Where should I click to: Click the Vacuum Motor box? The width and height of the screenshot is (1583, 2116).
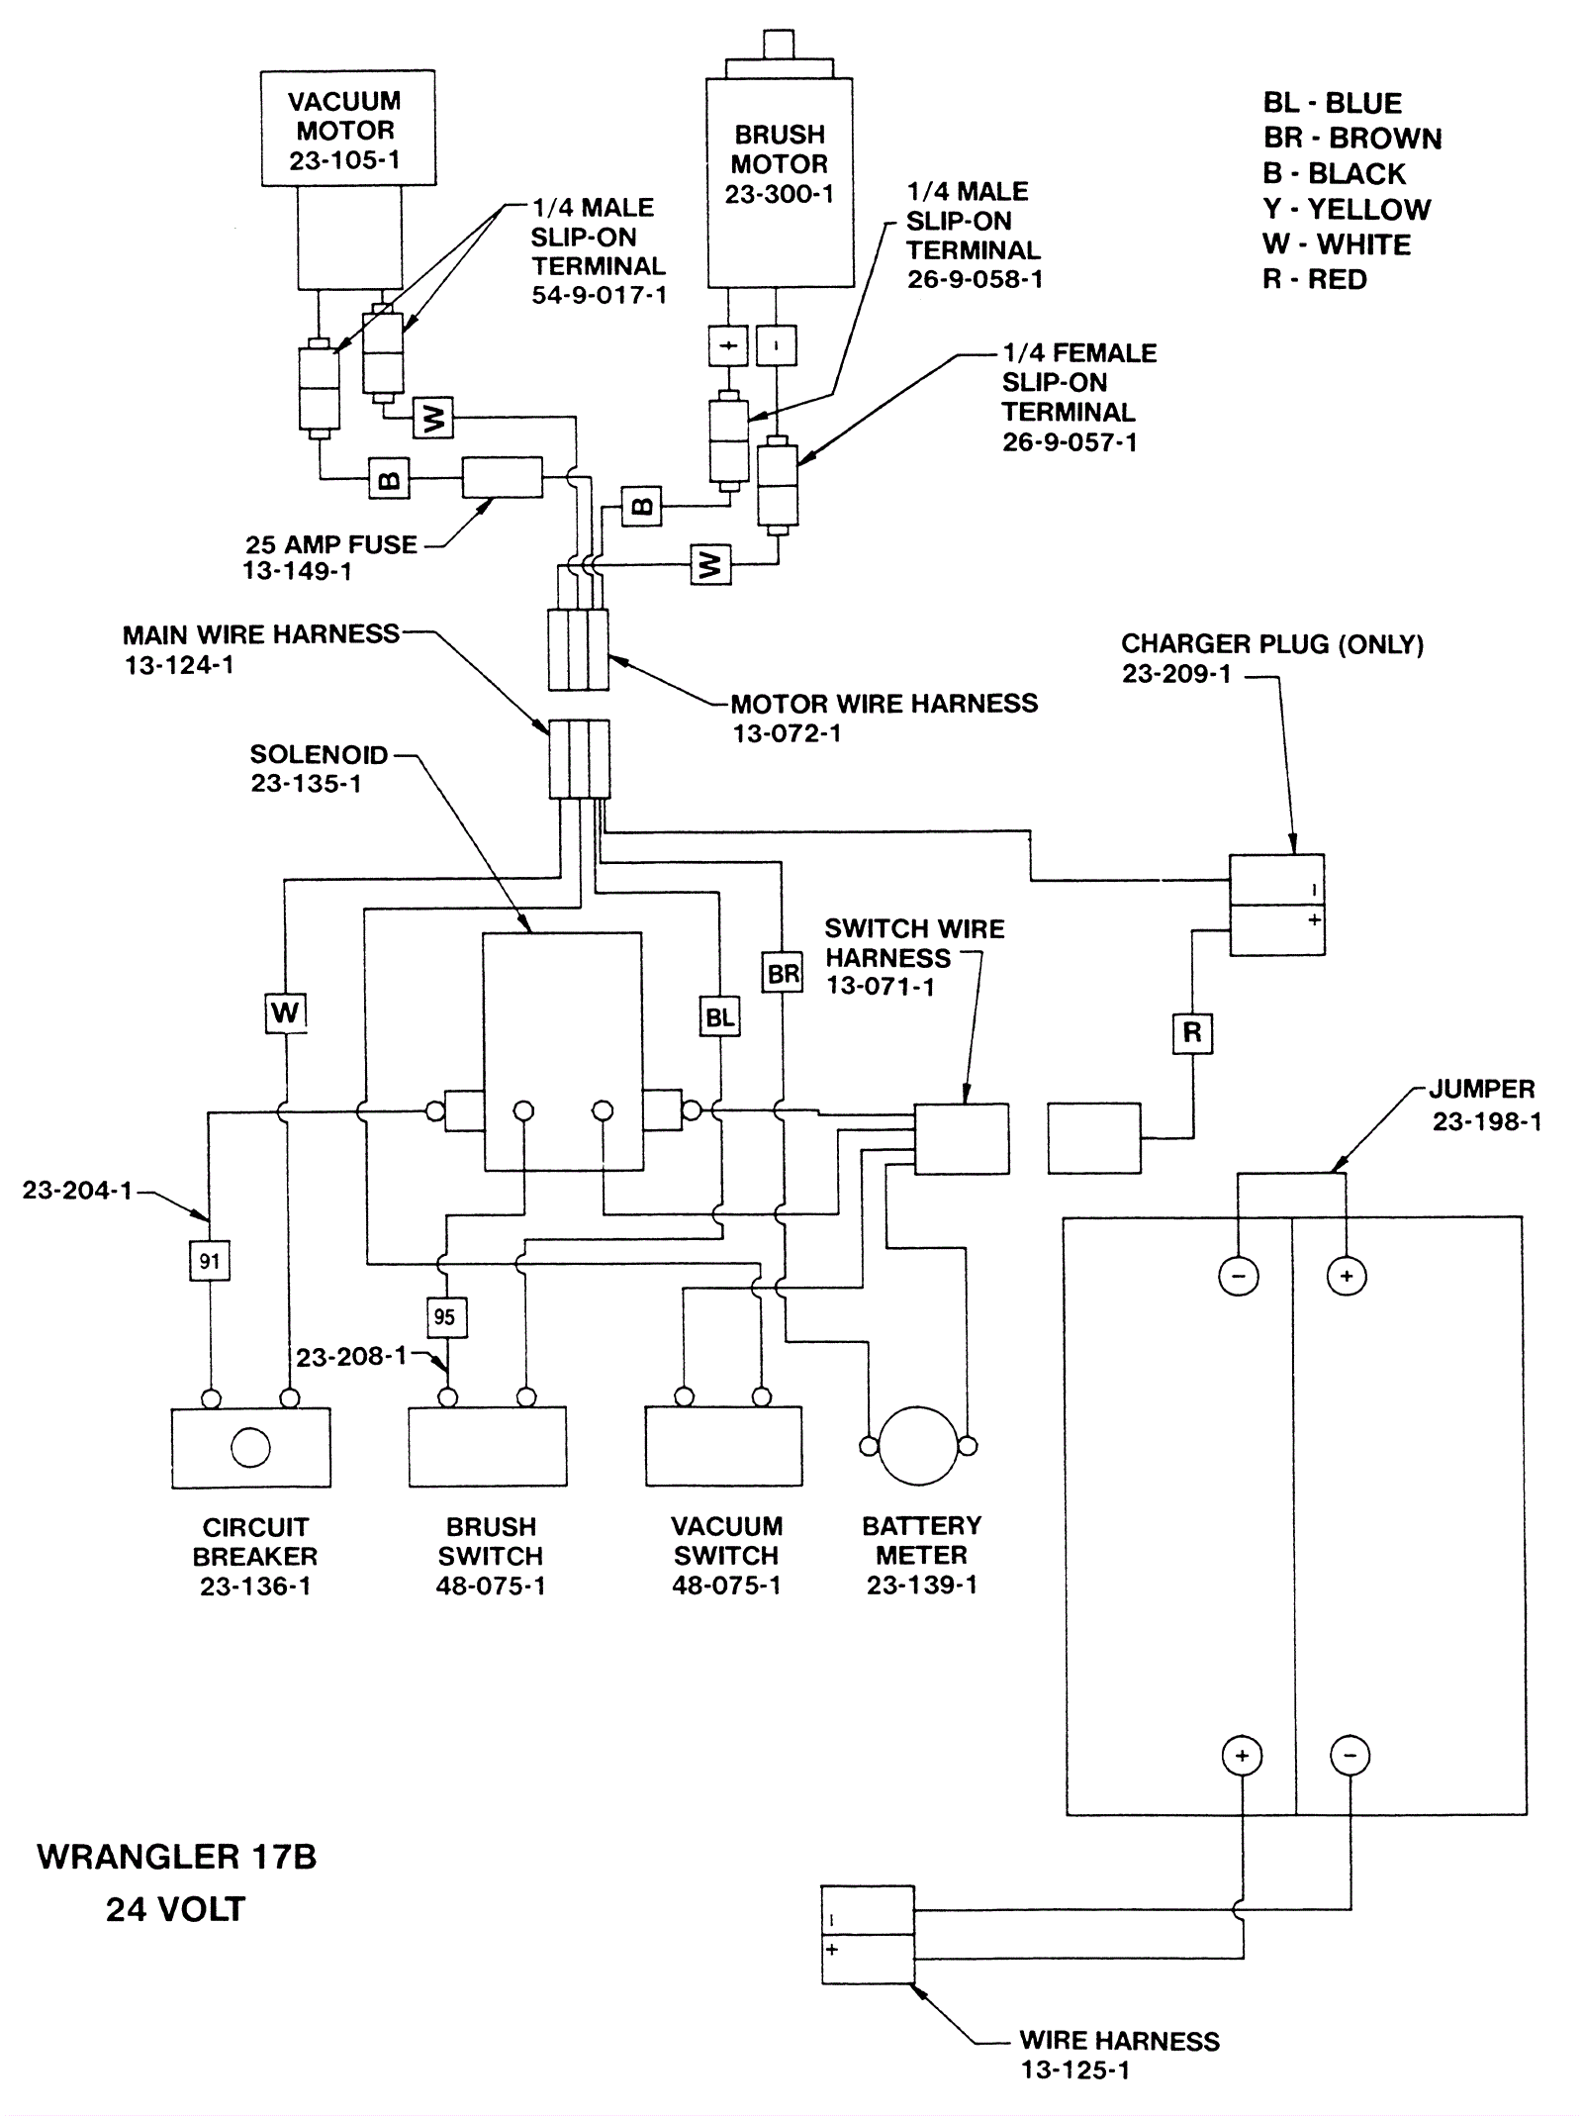click(347, 128)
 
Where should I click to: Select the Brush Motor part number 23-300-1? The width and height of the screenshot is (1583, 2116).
click(779, 194)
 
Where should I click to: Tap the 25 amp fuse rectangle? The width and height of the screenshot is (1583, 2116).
click(502, 477)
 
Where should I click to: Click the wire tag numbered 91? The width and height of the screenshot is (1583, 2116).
click(210, 1261)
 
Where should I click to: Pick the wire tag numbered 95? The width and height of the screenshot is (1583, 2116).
click(445, 1317)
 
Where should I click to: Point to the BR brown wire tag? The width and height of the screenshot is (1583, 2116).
click(783, 974)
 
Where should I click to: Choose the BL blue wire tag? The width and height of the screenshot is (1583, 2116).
click(719, 1017)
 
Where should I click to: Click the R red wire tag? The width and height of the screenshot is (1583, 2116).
click(1192, 1033)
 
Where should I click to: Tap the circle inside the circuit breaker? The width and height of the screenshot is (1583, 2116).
click(250, 1447)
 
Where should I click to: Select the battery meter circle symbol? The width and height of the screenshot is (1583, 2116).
click(918, 1445)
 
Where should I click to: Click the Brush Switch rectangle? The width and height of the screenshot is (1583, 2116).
click(488, 1446)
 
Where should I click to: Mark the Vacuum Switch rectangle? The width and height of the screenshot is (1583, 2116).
click(724, 1446)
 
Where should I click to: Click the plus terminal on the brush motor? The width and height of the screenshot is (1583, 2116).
click(729, 346)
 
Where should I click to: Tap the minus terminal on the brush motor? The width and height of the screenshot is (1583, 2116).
click(777, 346)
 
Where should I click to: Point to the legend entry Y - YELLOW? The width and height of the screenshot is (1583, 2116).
click(1347, 210)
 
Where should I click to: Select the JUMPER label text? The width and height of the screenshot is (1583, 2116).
click(1481, 1090)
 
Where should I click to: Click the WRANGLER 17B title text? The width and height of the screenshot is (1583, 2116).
click(177, 1857)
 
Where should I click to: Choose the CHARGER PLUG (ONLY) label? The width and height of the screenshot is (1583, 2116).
click(1272, 644)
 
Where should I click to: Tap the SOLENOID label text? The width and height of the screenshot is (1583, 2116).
click(319, 754)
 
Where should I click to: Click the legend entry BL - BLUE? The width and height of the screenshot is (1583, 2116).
click(1332, 103)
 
